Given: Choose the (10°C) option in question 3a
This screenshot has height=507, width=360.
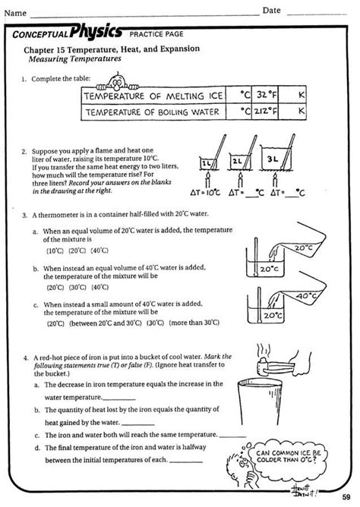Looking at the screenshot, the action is pyautogui.click(x=55, y=250).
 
